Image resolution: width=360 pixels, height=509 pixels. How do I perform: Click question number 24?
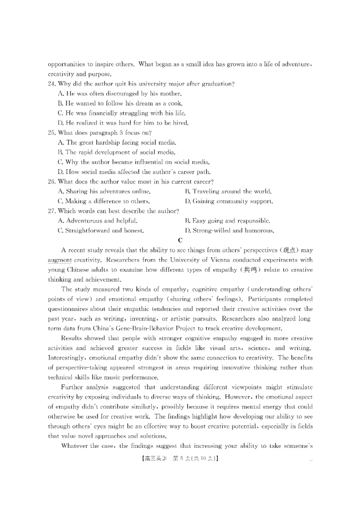click(51, 84)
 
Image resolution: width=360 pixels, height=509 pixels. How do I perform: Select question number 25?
click(51, 133)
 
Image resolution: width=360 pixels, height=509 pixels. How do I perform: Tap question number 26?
click(51, 181)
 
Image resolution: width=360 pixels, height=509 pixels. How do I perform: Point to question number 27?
click(51, 211)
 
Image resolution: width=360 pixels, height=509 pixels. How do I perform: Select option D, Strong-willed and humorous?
click(229, 231)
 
